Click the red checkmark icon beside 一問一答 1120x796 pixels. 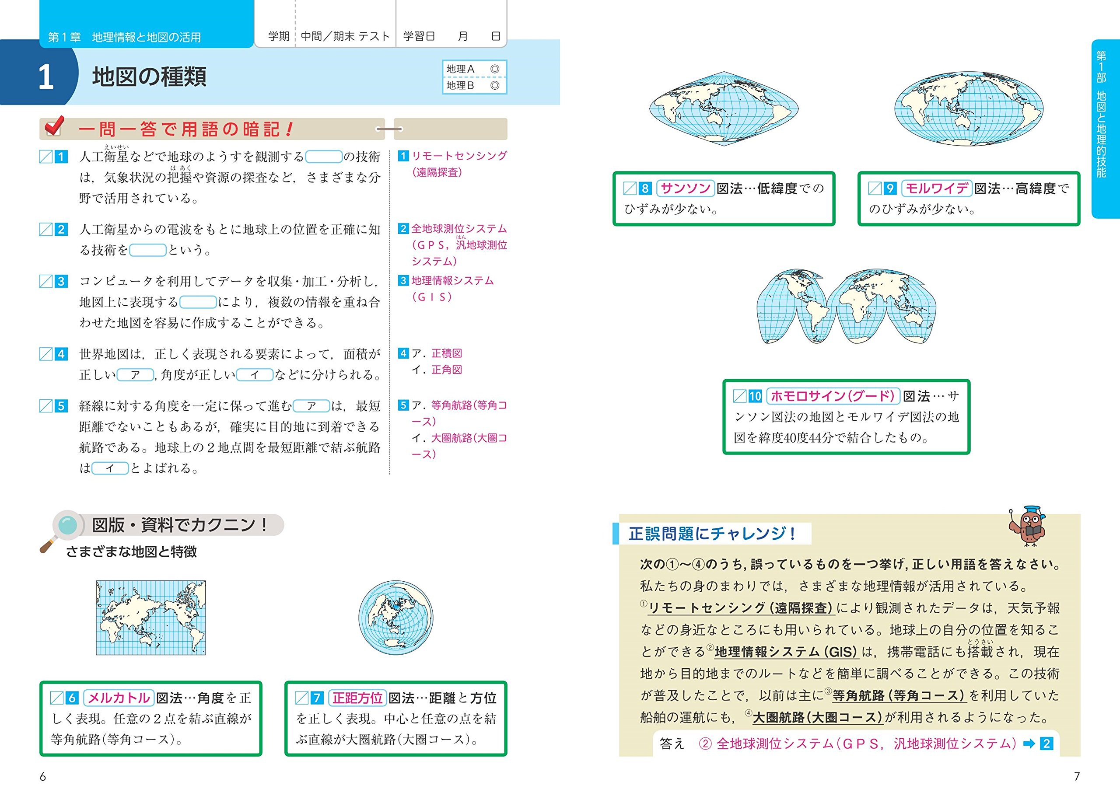point(54,126)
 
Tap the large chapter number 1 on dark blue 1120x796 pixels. point(45,77)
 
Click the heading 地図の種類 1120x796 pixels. point(150,77)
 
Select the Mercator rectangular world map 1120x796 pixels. point(151,618)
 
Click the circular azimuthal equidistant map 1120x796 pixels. point(395,618)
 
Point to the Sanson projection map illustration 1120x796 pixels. point(724,109)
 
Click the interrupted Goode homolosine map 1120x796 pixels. point(847,306)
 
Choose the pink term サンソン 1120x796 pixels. point(685,188)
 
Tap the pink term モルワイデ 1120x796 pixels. point(937,188)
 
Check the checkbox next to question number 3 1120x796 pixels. point(45,281)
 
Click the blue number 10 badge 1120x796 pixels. point(755,396)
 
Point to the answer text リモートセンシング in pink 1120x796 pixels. point(459,156)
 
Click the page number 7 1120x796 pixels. point(1077,776)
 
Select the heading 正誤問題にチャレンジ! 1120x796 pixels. point(712,533)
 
